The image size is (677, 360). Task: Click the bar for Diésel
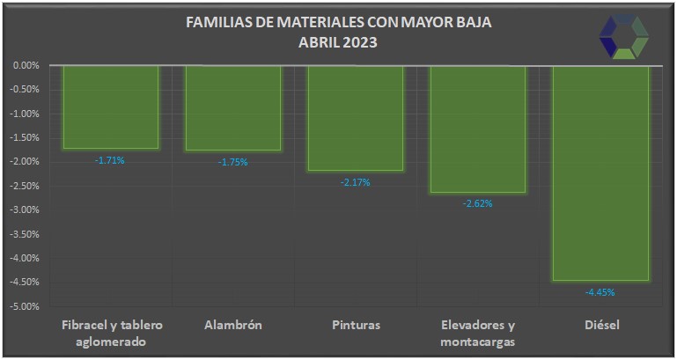tap(600, 173)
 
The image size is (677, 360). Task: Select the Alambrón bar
tap(232, 107)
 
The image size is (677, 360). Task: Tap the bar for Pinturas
tap(355, 117)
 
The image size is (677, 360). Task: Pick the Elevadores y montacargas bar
tap(477, 129)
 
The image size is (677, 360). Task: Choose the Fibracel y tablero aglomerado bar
tap(110, 107)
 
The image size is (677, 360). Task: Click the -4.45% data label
tap(600, 292)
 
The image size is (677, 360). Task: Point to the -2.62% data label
tap(477, 203)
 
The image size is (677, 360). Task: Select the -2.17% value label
tap(355, 182)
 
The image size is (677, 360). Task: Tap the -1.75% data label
tap(232, 162)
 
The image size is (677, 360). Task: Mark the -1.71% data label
tap(110, 160)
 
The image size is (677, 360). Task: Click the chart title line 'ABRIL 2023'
tap(338, 41)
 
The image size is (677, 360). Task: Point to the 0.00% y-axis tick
tap(26, 65)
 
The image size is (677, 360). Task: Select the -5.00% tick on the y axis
tap(26, 306)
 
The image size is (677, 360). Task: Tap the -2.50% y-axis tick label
tap(26, 186)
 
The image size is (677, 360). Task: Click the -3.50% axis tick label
tap(26, 234)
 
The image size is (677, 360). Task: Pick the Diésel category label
tap(602, 325)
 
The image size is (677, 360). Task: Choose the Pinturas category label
tap(357, 325)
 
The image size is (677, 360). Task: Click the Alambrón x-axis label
tap(232, 325)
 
